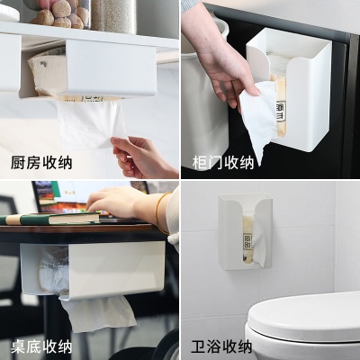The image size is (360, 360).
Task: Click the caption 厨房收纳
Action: click(41, 163)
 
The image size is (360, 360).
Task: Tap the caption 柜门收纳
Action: click(223, 162)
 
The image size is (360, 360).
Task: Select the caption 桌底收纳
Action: click(41, 346)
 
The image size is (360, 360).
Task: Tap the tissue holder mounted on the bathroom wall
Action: click(245, 232)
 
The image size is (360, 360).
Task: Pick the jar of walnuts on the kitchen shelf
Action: click(58, 12)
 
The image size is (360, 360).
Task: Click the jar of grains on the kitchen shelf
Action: click(113, 14)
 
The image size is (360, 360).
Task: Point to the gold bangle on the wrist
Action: click(159, 211)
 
